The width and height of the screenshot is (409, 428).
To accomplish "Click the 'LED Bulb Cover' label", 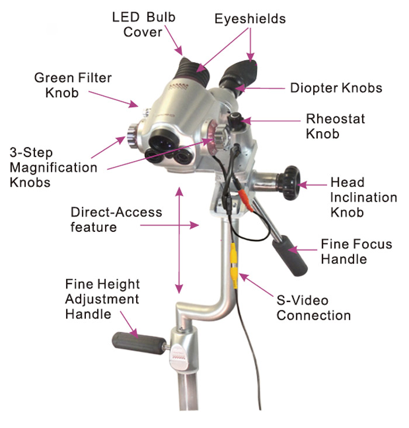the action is (144, 25).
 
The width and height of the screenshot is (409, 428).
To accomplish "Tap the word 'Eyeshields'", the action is (250, 19).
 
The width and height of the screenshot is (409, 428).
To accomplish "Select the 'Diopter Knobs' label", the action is (336, 88).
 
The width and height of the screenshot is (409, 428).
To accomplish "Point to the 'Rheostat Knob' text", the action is (335, 126).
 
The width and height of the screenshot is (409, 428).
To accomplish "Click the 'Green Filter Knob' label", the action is (73, 85).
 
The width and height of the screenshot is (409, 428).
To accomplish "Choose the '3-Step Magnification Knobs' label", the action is (53, 167).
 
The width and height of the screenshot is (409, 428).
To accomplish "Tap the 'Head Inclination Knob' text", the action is (363, 197).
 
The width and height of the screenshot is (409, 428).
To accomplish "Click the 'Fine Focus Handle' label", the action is (356, 251).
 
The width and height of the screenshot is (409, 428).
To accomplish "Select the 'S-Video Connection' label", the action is (313, 308).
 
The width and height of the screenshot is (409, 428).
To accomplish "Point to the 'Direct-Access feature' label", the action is (116, 220).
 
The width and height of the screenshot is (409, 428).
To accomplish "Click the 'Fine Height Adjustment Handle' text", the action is (102, 299).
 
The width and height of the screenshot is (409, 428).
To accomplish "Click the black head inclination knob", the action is (289, 183).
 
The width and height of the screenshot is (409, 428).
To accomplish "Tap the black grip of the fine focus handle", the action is (290, 256).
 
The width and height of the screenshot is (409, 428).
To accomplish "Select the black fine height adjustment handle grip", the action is (138, 343).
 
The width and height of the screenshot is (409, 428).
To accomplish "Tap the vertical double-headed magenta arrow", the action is (179, 240).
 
